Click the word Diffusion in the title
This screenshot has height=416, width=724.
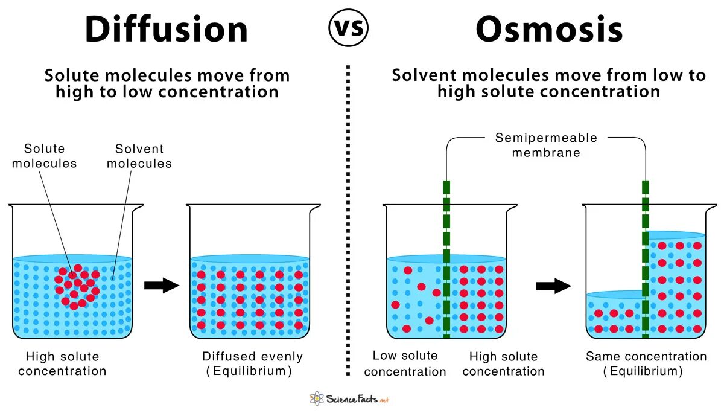pyautogui.click(x=166, y=29)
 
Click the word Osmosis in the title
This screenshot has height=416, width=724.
pyautogui.click(x=549, y=29)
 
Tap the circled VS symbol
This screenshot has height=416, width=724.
pyautogui.click(x=348, y=28)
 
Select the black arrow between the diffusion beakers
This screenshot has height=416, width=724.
pyautogui.click(x=162, y=286)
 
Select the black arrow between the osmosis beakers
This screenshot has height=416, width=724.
pyautogui.click(x=553, y=286)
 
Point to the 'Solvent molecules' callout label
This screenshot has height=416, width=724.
pyautogui.click(x=139, y=156)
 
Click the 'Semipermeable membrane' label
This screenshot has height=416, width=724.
pyautogui.click(x=546, y=145)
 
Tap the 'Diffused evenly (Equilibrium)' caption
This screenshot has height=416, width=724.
pyautogui.click(x=252, y=363)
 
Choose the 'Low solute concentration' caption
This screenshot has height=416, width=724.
pyautogui.click(x=405, y=363)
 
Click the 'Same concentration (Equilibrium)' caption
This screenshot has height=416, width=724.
pyautogui.click(x=646, y=363)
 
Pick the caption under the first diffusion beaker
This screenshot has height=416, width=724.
pyautogui.click(x=62, y=363)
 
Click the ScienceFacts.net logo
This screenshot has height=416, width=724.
pyautogui.click(x=349, y=398)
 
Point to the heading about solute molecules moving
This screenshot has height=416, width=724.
pyautogui.click(x=167, y=83)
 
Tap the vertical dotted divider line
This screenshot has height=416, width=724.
pyautogui.click(x=348, y=217)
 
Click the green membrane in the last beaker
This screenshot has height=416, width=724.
pyautogui.click(x=645, y=260)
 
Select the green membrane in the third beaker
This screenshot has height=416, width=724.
pyautogui.click(x=446, y=260)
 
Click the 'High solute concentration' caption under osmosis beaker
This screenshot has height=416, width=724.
pyautogui.click(x=503, y=363)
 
